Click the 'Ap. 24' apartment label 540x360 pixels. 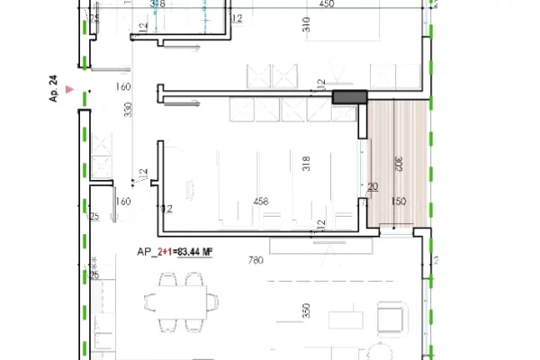coord(53,94)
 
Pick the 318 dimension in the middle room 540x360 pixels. coord(307,164)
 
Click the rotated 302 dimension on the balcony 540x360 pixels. coord(397,164)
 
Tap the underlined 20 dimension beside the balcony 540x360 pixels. coord(372,188)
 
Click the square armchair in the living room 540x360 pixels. coord(391,319)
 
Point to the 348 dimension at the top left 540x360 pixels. coord(157,4)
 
